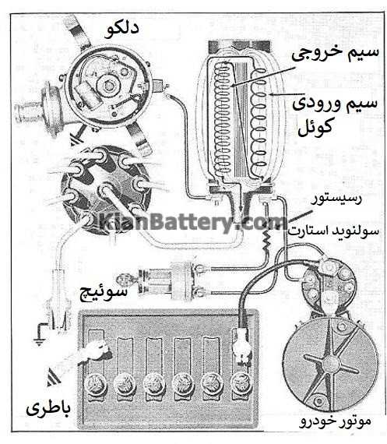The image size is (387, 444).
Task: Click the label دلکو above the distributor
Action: pyautogui.click(x=121, y=30)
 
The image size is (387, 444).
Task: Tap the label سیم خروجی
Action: pyautogui.click(x=335, y=53)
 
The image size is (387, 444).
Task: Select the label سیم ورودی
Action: pyautogui.click(x=335, y=103)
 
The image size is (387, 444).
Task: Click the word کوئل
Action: pyautogui.click(x=315, y=127)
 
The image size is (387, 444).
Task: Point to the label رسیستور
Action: pyautogui.click(x=336, y=199)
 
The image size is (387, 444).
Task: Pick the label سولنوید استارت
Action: pyautogui.click(x=333, y=231)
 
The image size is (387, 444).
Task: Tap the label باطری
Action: pyautogui.click(x=48, y=408)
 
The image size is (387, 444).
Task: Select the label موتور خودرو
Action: pyautogui.click(x=335, y=421)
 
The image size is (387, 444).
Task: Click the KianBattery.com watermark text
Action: pyautogui.click(x=193, y=223)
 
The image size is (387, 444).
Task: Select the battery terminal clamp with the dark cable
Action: pyautogui.click(x=241, y=347)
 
